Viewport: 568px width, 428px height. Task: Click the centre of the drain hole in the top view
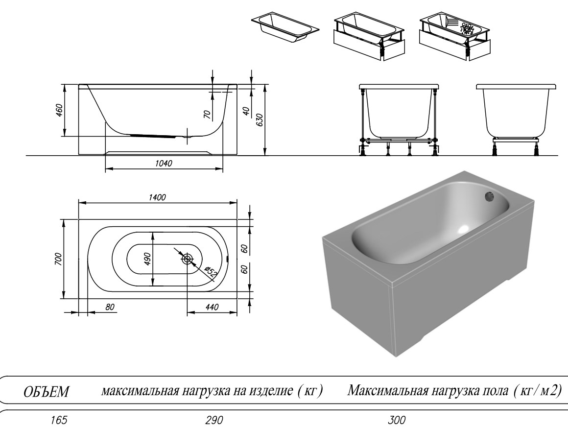pos(187,259)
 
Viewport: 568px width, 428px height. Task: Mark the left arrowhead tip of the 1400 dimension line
pos(79,203)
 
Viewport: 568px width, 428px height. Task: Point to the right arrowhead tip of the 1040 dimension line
pos(223,168)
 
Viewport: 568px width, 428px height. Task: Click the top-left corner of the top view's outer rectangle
pos(79,219)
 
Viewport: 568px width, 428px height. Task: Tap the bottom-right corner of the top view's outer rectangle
pos(237,299)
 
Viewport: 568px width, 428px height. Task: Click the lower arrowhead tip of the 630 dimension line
pos(265,156)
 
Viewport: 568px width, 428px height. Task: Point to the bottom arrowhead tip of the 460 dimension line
pos(65,136)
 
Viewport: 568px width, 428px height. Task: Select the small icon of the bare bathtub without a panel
pos(285,28)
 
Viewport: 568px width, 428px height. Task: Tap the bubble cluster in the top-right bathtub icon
pos(467,28)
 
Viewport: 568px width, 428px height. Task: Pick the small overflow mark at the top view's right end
pos(228,259)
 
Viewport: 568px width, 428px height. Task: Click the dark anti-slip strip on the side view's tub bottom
pos(155,135)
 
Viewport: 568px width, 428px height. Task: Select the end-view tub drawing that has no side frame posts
pos(517,120)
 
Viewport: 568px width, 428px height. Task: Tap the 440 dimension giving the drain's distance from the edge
pos(212,308)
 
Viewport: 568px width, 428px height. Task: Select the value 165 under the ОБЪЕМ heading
pos(59,420)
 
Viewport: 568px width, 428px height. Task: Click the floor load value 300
pos(397,420)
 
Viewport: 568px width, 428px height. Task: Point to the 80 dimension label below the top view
pos(110,308)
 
